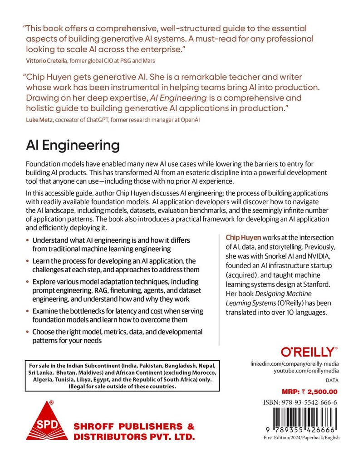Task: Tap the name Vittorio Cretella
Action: point(46,60)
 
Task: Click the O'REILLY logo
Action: point(309,352)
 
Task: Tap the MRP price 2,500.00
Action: point(318,391)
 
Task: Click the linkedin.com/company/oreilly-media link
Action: point(294,364)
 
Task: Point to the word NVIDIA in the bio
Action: point(315,257)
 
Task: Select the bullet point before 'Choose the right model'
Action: point(28,332)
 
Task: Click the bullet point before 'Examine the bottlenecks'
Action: point(28,311)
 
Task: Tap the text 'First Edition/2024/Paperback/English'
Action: point(301,437)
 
